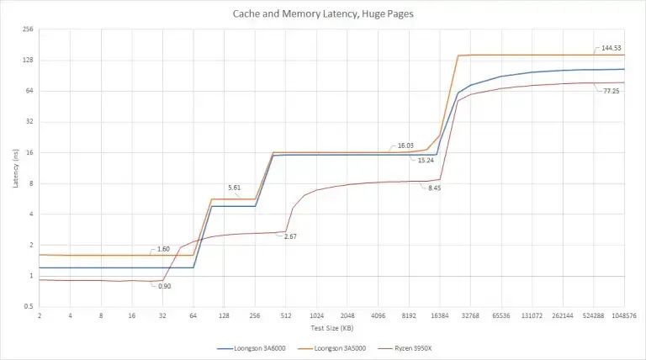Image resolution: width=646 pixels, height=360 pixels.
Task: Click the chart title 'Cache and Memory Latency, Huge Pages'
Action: (x=323, y=13)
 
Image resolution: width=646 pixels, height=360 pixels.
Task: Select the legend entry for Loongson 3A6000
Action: (x=252, y=348)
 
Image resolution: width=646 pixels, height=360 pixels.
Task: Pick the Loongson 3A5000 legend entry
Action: (x=331, y=348)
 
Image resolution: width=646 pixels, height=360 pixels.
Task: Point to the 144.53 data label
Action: (x=611, y=48)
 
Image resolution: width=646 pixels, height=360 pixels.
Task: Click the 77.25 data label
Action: (x=612, y=91)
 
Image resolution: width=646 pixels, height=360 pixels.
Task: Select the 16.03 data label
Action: (x=405, y=146)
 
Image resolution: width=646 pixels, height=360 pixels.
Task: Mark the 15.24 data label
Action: (x=426, y=160)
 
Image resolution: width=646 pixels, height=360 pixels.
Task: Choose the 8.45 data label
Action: (x=434, y=188)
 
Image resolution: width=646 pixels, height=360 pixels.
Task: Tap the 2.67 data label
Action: (x=290, y=236)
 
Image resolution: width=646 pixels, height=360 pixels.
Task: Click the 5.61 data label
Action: (x=234, y=188)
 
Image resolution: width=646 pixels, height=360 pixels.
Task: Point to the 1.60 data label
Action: (x=163, y=249)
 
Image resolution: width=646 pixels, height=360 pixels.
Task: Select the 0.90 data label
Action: (x=164, y=286)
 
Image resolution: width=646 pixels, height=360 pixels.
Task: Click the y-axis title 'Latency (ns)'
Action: (x=16, y=168)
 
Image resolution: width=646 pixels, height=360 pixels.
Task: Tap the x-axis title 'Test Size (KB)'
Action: (x=332, y=328)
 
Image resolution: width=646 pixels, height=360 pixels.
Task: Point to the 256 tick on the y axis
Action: (x=28, y=29)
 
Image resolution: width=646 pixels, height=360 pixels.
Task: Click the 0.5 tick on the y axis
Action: (x=29, y=306)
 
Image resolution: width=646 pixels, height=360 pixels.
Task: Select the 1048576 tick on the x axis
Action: (x=625, y=316)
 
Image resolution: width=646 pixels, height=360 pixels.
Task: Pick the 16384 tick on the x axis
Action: (x=440, y=316)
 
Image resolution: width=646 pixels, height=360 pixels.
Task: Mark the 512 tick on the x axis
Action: (x=285, y=316)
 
